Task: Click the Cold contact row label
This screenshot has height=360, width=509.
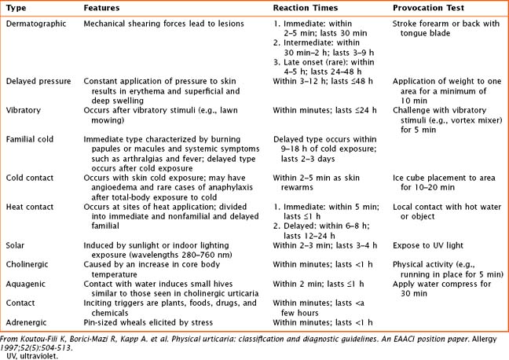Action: tap(31, 178)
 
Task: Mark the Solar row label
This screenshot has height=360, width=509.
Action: tap(16, 246)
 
